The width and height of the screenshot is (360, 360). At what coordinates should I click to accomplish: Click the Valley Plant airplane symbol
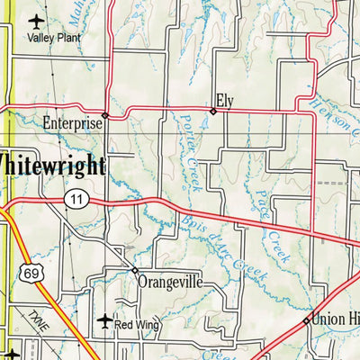tap(35, 21)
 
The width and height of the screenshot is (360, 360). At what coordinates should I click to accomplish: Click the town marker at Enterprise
tap(105, 115)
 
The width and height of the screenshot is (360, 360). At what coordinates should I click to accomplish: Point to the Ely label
tap(224, 101)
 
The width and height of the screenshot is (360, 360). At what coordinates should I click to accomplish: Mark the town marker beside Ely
tap(213, 112)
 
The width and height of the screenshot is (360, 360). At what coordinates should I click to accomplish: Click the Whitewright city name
tap(51, 165)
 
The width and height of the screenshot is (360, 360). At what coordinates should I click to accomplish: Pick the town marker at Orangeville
tap(135, 270)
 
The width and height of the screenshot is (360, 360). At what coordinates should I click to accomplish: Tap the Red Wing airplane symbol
tap(104, 321)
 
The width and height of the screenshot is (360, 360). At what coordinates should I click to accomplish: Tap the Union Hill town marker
tap(307, 319)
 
